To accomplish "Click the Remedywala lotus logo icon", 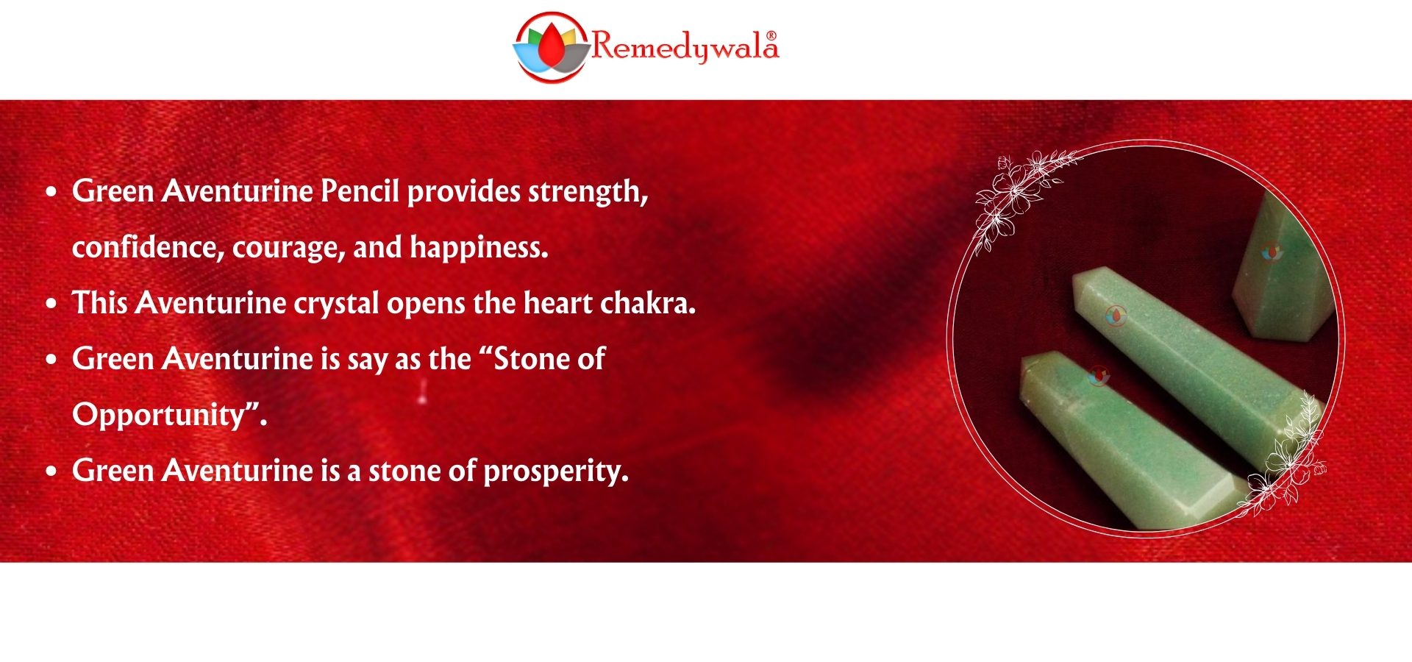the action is [x=552, y=47].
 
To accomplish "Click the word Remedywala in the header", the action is [x=685, y=46].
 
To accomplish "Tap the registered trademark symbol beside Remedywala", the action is [x=771, y=35].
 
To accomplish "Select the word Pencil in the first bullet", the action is [x=360, y=191].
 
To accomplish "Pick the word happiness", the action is [x=479, y=248].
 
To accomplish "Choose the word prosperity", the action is [x=556, y=471].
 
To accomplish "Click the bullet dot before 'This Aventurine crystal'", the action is [x=51, y=304].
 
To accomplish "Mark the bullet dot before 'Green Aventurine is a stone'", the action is [x=51, y=471].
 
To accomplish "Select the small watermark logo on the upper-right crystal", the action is [x=1271, y=252].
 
